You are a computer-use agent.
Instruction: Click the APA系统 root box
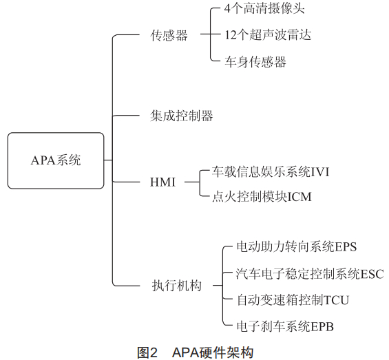(x=56, y=160)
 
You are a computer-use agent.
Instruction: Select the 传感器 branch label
(x=169, y=35)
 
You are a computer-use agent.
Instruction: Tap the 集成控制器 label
(x=182, y=116)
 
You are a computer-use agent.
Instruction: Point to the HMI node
(x=162, y=182)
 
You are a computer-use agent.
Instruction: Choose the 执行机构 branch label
(x=177, y=286)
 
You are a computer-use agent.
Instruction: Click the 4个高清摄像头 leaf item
(x=264, y=9)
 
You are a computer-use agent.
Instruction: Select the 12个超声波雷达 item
(x=268, y=34)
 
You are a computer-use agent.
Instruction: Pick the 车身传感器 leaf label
(x=255, y=62)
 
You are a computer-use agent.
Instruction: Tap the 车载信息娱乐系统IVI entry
(x=271, y=172)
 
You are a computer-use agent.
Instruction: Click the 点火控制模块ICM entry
(x=262, y=197)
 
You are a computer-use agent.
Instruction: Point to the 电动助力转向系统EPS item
(x=297, y=247)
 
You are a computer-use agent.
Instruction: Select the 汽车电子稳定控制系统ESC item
(x=310, y=274)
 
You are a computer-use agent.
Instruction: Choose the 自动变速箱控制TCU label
(x=293, y=300)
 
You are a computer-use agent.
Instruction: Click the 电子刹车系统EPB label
(x=285, y=326)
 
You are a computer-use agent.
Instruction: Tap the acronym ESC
(x=372, y=275)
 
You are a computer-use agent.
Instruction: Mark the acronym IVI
(x=319, y=172)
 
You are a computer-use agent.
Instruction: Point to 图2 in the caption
(x=147, y=352)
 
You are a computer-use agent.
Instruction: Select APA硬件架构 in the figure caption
(x=213, y=352)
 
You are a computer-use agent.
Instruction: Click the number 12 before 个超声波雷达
(x=230, y=35)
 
